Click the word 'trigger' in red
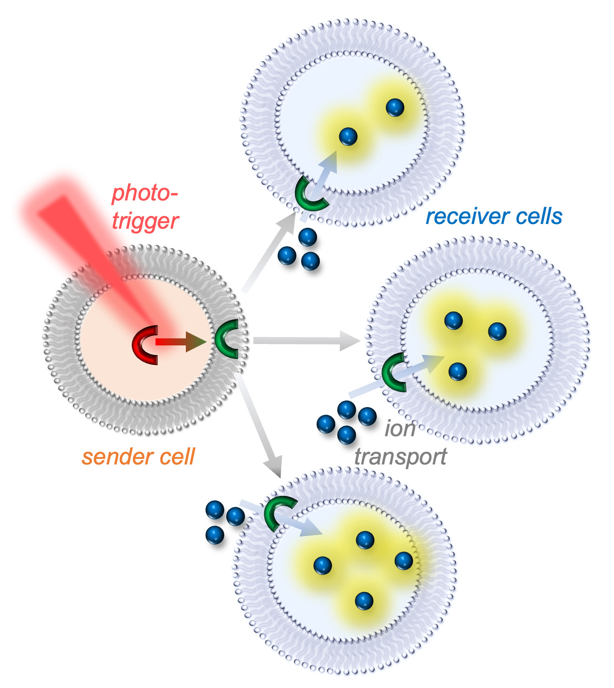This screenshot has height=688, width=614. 145,221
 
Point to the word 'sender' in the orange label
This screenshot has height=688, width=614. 113,457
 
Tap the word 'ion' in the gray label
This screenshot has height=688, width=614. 400,428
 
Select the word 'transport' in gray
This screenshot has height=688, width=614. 400,457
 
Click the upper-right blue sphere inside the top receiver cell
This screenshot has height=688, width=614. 395,108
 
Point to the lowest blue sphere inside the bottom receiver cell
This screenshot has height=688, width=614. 364,601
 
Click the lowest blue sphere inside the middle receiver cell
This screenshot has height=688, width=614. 457,372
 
